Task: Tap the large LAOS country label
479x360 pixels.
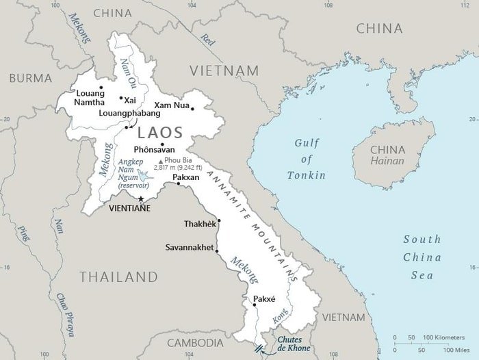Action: [160, 132]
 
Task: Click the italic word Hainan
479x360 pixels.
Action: [387, 162]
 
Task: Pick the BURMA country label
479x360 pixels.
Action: [30, 78]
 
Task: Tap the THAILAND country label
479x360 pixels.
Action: [118, 277]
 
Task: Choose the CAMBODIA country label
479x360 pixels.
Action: [195, 342]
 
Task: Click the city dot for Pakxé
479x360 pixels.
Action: [254, 305]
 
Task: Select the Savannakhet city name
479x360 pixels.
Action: [190, 247]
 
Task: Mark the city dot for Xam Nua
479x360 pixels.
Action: [193, 108]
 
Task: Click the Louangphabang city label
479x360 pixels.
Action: [128, 114]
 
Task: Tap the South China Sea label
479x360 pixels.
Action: [422, 257]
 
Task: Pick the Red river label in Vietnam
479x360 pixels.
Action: [206, 40]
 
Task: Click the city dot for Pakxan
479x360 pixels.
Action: [179, 183]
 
